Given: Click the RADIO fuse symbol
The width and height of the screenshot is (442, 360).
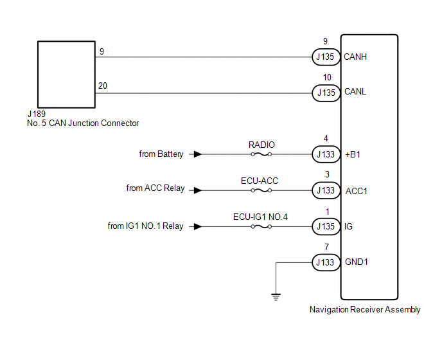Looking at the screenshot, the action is pos(261,154).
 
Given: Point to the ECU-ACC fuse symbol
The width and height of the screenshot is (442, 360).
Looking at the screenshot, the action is pos(261,190).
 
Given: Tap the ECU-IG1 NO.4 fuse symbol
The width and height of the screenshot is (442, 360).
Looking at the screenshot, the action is pos(261,226).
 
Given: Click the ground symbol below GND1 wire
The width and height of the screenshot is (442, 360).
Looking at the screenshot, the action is pos(276,297).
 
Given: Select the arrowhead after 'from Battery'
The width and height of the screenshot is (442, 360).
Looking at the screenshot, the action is pos(198,154).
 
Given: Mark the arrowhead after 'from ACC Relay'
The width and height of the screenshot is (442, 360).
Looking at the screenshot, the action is pos(198,190).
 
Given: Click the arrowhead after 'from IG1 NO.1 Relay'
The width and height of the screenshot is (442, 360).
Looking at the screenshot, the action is pos(198,226).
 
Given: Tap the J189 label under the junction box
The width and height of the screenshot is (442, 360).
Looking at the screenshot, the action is pos(37,114).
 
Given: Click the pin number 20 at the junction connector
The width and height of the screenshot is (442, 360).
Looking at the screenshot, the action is pos(103,85).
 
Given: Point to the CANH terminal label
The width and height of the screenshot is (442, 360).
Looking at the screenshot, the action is pos(355,57).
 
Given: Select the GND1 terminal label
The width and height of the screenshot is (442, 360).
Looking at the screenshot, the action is pos(357,262).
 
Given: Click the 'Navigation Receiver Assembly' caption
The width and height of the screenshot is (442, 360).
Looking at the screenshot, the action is pos(365,310).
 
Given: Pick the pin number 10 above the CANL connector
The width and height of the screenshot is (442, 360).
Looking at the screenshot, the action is pos(327,77).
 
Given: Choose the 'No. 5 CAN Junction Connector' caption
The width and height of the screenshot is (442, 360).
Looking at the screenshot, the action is pos(83,123).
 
